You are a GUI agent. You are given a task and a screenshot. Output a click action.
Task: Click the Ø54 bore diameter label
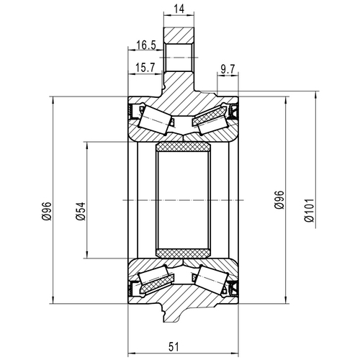pyautogui.click(x=80, y=210)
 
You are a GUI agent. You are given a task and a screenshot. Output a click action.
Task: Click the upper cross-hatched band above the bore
pyautogui.click(x=183, y=148)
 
